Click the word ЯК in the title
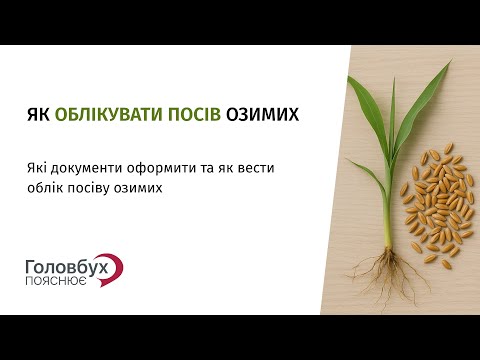(37, 115)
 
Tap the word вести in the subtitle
(257, 166)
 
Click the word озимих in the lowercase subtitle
(143, 187)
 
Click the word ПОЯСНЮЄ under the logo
(57, 282)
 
